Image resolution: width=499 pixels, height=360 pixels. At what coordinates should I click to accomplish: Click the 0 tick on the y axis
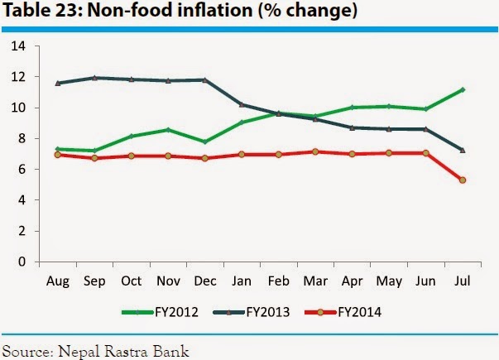[x=21, y=262]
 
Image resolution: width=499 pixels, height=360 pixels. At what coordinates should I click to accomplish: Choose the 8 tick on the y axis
[x=21, y=138]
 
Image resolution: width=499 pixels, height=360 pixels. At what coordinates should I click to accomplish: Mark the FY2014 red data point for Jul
[x=462, y=180]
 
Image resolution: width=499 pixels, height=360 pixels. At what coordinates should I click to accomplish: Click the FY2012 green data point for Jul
[x=462, y=89]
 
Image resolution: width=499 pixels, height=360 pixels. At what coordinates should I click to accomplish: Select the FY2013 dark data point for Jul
[x=462, y=150]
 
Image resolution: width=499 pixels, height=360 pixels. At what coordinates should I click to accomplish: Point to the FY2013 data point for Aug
[x=57, y=83]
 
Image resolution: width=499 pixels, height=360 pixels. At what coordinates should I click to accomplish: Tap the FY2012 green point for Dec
[x=204, y=142]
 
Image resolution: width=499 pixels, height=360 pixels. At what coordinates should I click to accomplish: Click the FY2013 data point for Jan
[x=241, y=104]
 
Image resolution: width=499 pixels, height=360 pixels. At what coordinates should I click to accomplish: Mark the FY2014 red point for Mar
[x=314, y=152]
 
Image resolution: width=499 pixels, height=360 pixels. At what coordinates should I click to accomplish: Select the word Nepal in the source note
[x=78, y=351]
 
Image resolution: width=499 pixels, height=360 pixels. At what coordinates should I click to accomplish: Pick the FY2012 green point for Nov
[x=167, y=130]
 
